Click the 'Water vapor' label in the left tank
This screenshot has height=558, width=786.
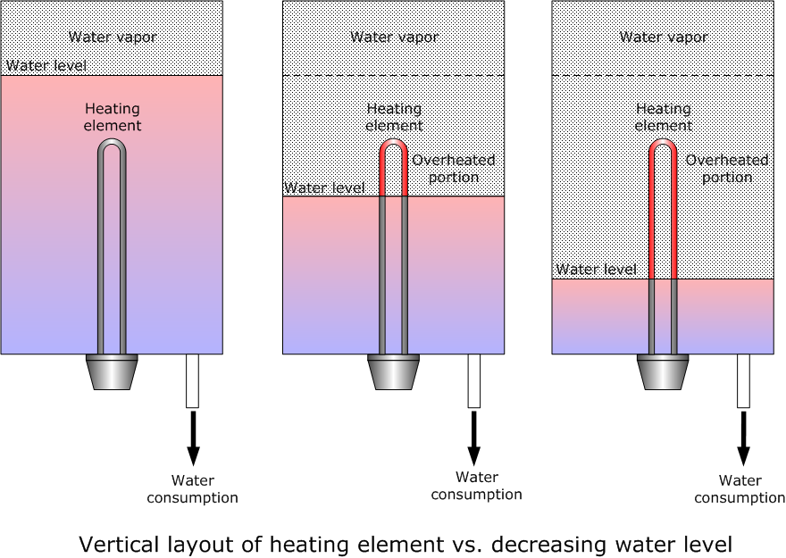tap(113, 37)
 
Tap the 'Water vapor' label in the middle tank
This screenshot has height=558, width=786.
tap(395, 37)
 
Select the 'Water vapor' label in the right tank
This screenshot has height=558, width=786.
tap(663, 37)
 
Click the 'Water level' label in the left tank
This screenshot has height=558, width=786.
tap(46, 65)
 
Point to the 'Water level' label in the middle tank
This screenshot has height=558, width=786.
tap(324, 187)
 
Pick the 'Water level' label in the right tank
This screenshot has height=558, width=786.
tap(596, 270)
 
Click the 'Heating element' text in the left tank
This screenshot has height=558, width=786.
tap(113, 117)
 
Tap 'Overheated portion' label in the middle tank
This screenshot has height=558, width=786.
tap(454, 169)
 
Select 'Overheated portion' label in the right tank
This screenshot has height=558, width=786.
tap(727, 169)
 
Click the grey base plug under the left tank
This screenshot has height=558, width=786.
tap(112, 372)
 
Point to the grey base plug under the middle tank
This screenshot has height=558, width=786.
tap(394, 372)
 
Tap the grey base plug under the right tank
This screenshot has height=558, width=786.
tap(663, 372)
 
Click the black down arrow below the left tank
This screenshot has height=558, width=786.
tap(193, 438)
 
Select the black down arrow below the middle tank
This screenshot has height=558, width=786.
tap(473, 438)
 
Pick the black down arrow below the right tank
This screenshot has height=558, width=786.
tap(743, 438)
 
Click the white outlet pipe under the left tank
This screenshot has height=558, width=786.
tap(193, 381)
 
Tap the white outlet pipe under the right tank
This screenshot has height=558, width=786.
tap(743, 381)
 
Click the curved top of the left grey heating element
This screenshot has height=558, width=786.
tap(112, 141)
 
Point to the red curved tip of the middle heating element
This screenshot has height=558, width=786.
tap(394, 141)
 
